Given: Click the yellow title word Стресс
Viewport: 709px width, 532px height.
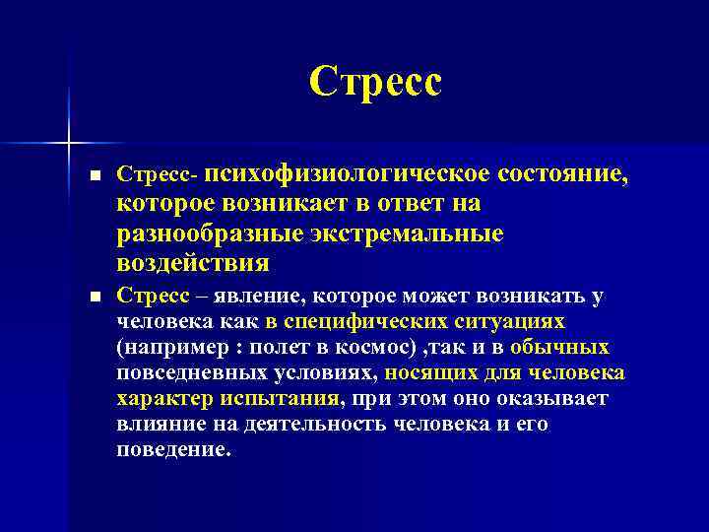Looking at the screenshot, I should (375, 83).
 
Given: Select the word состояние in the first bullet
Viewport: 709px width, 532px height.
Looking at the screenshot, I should (548, 174).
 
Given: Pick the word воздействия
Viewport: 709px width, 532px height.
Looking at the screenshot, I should (193, 264).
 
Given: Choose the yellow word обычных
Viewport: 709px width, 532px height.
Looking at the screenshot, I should (559, 347).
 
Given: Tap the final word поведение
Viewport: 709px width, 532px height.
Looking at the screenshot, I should (172, 450).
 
